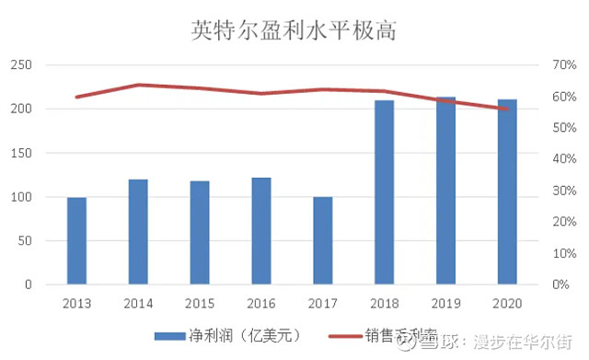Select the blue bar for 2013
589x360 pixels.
coord(76,241)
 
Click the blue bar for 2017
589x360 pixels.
coord(322,241)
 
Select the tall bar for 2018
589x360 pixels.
coord(384,192)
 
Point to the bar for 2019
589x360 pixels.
coord(445,191)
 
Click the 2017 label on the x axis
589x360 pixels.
coord(322,303)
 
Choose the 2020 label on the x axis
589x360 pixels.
coord(507,303)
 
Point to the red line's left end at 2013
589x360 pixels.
coord(76,97)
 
